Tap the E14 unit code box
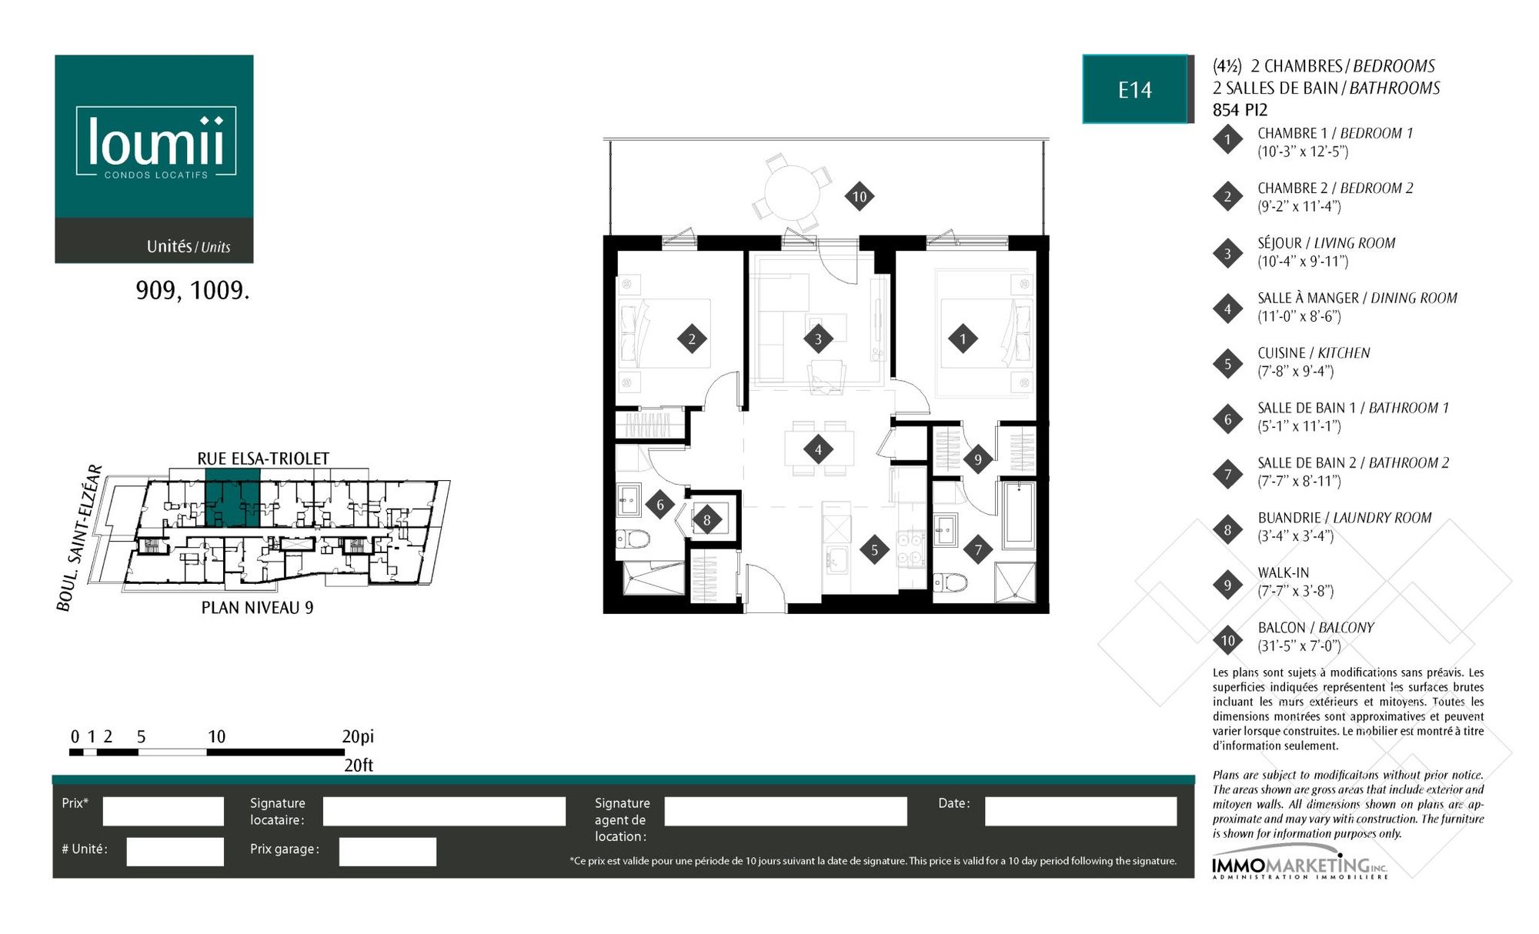click(x=1135, y=89)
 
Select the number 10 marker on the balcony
click(x=860, y=196)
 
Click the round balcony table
click(x=792, y=192)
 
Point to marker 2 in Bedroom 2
click(x=692, y=339)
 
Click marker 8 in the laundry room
click(x=707, y=520)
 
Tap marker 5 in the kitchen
click(x=874, y=549)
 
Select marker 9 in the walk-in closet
click(x=978, y=459)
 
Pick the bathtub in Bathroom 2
click(x=1018, y=515)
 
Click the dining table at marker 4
click(x=819, y=449)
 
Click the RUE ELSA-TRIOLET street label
click(x=263, y=459)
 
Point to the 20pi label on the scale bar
click(x=358, y=736)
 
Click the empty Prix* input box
click(x=163, y=811)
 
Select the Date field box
click(x=1080, y=811)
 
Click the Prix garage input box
click(x=388, y=852)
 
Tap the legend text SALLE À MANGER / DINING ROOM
click(x=1357, y=298)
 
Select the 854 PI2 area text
click(x=1240, y=110)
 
